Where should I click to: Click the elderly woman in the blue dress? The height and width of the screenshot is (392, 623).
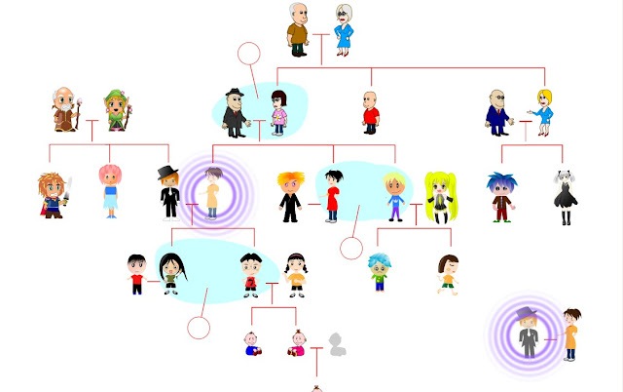tap(345, 29)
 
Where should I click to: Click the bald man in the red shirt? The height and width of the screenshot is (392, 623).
tap(370, 111)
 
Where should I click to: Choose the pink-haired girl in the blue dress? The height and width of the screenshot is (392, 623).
tap(109, 190)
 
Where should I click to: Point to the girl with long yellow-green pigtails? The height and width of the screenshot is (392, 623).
tap(440, 196)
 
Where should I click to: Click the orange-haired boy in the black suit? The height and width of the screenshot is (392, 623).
tap(291, 192)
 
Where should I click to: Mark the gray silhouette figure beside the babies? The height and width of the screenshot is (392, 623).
tap(337, 344)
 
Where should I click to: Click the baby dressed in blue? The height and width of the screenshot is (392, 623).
tap(252, 344)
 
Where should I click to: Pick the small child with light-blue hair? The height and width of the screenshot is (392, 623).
tap(379, 272)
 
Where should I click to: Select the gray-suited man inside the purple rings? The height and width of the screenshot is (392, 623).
tap(528, 332)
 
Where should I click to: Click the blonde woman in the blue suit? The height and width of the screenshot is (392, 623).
tap(543, 111)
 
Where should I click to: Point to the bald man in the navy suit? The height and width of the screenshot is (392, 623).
tap(499, 112)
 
